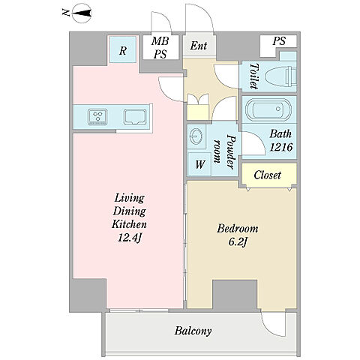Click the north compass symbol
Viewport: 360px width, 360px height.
(82, 13)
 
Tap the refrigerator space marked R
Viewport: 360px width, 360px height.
(122, 49)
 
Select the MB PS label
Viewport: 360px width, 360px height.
(160, 47)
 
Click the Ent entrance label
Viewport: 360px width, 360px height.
(199, 46)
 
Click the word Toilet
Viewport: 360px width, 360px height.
(254, 76)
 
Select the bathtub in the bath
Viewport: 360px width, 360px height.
(268, 109)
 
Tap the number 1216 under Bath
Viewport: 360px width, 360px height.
(281, 147)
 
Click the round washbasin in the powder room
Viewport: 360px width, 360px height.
(196, 136)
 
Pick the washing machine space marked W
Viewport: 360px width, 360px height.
(199, 164)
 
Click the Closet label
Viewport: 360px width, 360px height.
(267, 175)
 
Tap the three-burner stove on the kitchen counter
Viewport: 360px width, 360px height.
(97, 117)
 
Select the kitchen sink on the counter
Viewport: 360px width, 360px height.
(135, 117)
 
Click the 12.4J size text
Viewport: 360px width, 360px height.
(130, 238)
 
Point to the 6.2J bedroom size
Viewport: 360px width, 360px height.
(238, 241)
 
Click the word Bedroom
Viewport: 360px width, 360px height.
(238, 229)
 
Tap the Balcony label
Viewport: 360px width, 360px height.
(193, 331)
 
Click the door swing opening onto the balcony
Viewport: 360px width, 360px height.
(273, 324)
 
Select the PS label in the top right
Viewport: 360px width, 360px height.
(279, 41)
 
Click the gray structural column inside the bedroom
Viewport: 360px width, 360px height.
(235, 294)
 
